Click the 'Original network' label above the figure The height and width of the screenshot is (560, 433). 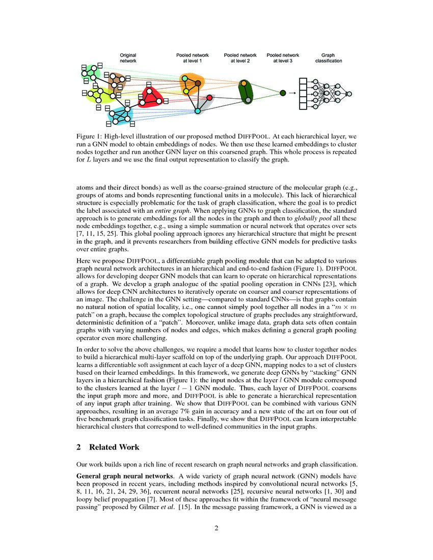click(128, 58)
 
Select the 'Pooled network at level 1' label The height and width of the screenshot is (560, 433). click(189, 58)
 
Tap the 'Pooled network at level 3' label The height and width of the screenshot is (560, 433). click(283, 58)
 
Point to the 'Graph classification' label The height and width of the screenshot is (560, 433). click(328, 58)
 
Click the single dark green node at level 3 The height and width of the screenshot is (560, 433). click(283, 93)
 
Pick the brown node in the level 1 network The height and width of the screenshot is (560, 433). click(198, 83)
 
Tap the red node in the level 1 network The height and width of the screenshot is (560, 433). click(209, 97)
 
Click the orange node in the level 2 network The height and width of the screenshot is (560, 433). click(244, 83)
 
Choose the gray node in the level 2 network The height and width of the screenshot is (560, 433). click(248, 100)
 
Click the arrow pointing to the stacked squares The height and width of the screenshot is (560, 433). click(292, 93)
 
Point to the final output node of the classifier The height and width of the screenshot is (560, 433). click(349, 94)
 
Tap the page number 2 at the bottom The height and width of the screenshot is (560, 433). click(216, 528)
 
